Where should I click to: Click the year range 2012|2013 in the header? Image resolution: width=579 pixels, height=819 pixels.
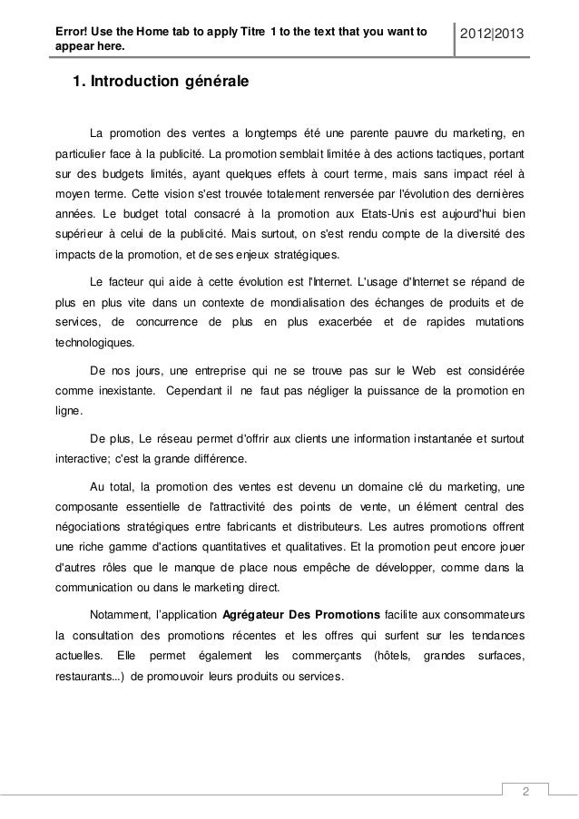click(498, 34)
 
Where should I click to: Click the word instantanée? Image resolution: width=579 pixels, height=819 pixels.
click(430, 439)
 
